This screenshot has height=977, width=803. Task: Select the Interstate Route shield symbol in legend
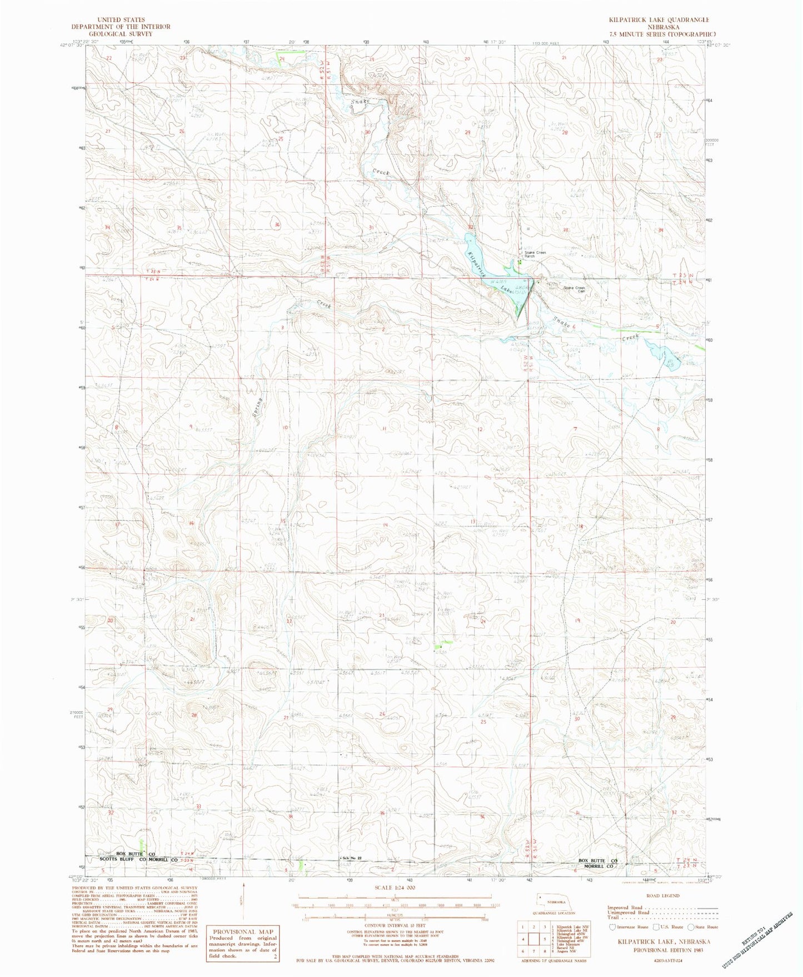coord(612,926)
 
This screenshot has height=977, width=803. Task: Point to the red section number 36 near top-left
coord(276,224)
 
